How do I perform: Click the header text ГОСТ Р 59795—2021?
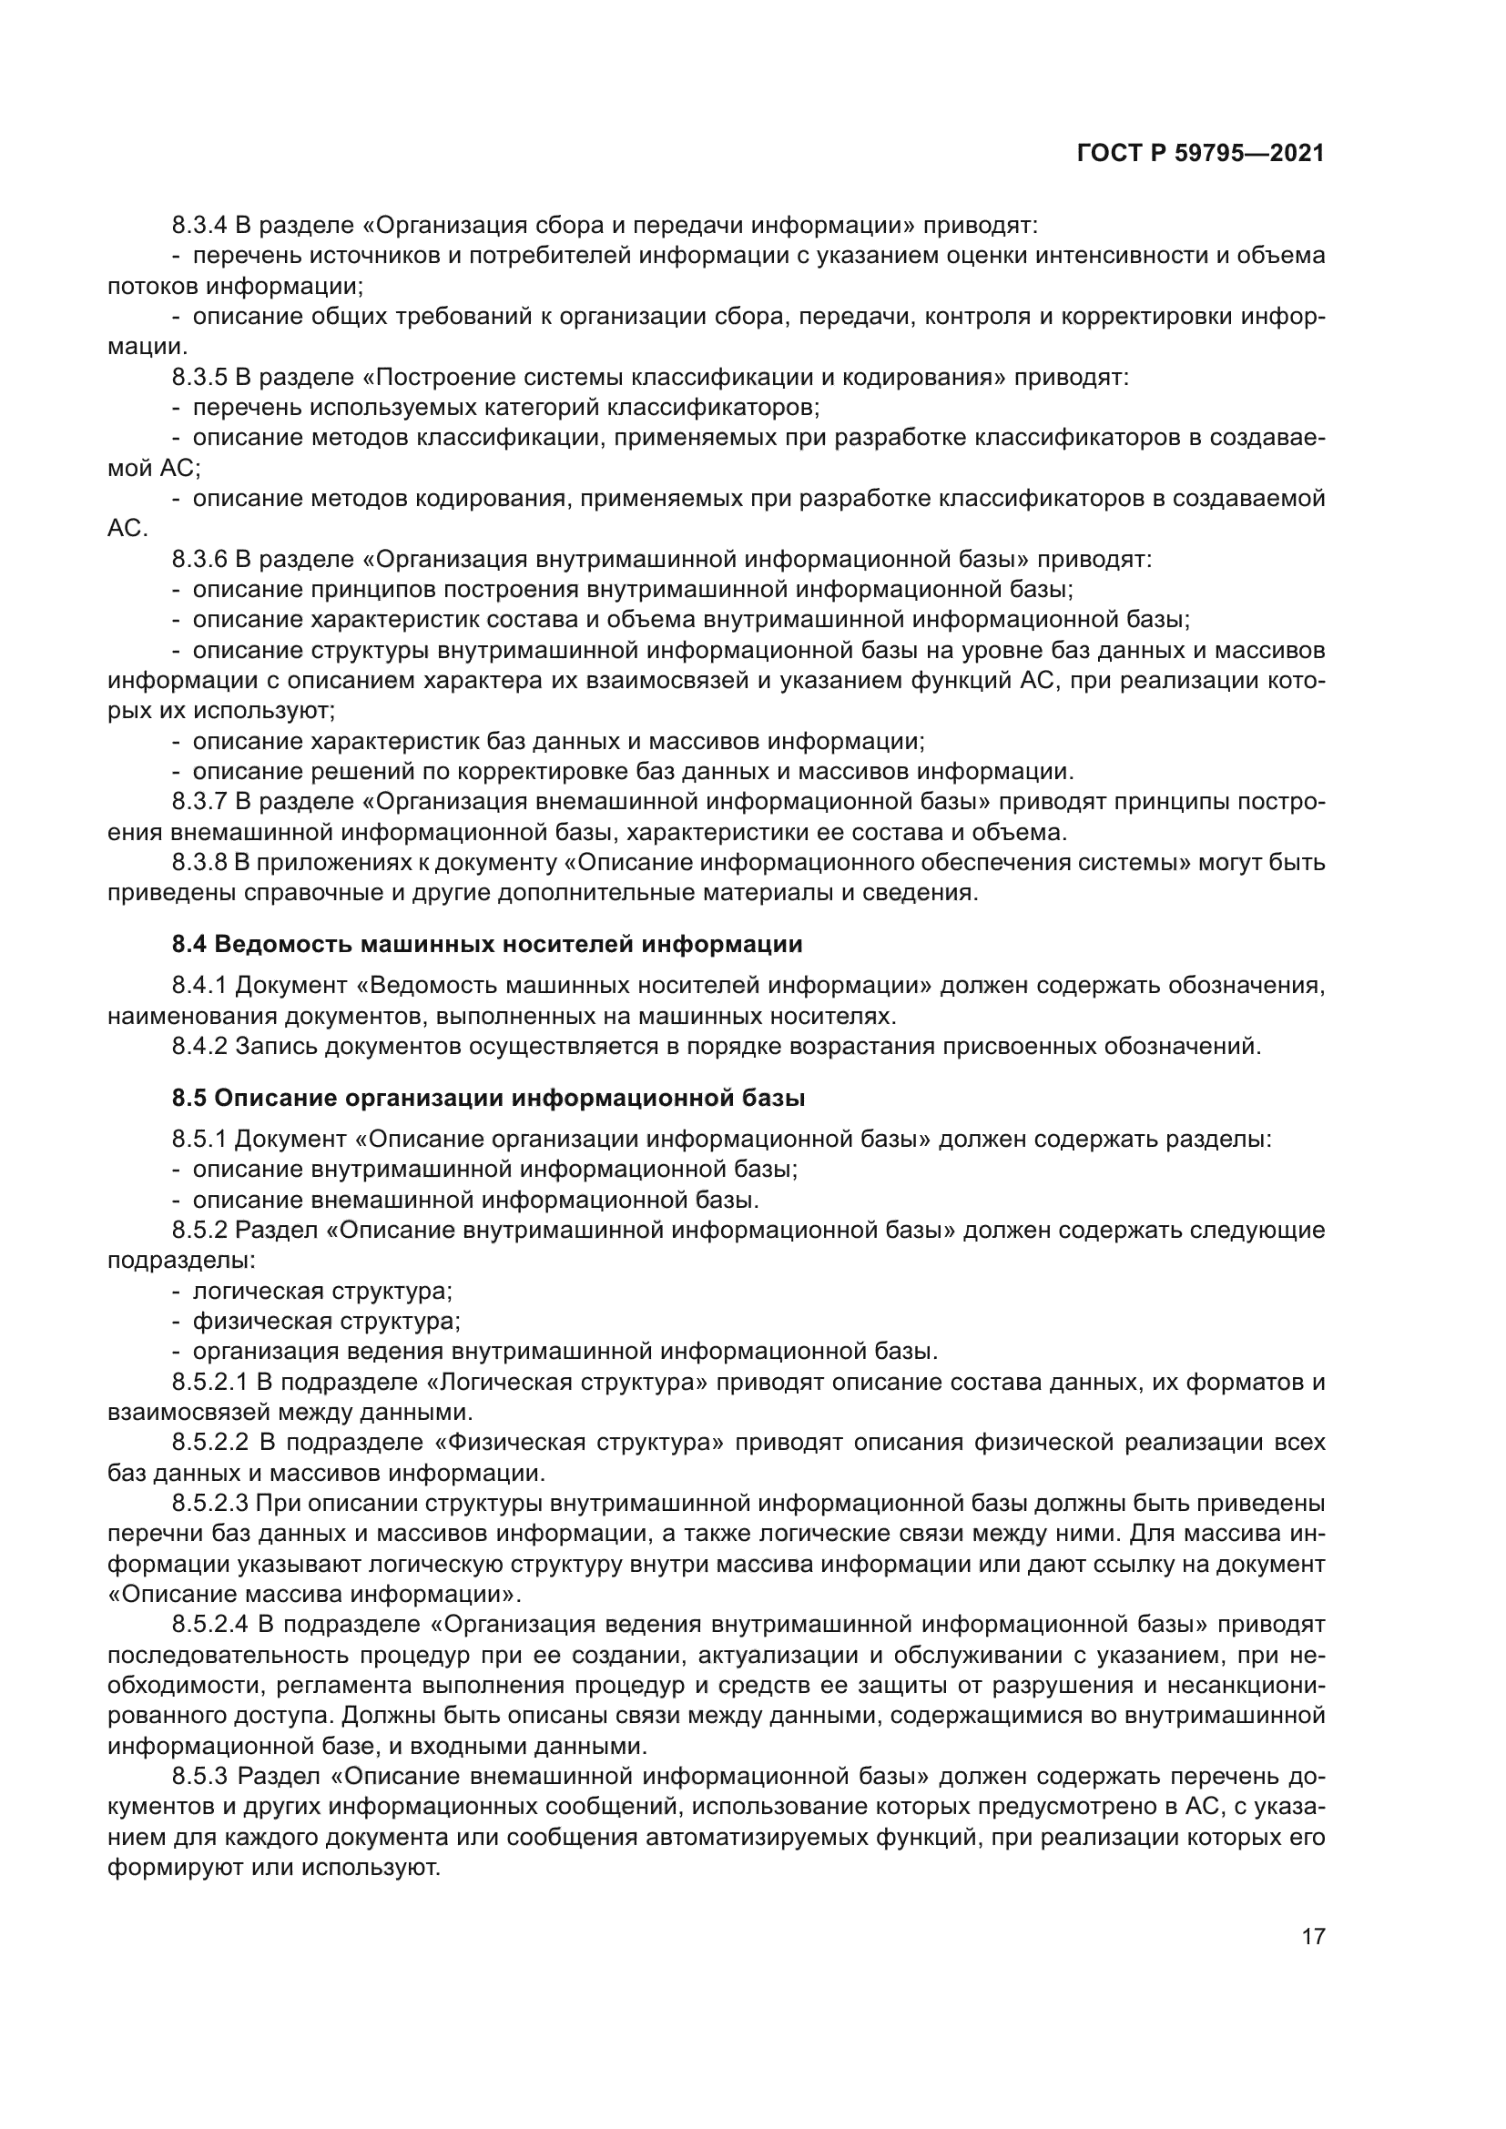pyautogui.click(x=1200, y=153)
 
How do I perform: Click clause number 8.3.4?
pyautogui.click(x=199, y=226)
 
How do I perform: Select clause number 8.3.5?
pyautogui.click(x=199, y=378)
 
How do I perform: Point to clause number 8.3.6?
pyautogui.click(x=199, y=559)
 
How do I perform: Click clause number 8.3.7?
pyautogui.click(x=199, y=801)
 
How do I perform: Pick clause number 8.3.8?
pyautogui.click(x=199, y=862)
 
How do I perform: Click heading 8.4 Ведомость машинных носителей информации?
pyautogui.click(x=487, y=945)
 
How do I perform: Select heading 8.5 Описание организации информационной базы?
pyautogui.click(x=488, y=1099)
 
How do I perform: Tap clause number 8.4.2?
pyautogui.click(x=199, y=1047)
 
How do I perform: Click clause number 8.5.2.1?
pyautogui.click(x=209, y=1383)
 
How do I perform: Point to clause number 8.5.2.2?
pyautogui.click(x=210, y=1443)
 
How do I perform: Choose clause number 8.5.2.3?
pyautogui.click(x=209, y=1503)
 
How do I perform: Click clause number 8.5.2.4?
pyautogui.click(x=210, y=1625)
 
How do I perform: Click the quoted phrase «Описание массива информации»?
pyautogui.click(x=314, y=1595)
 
